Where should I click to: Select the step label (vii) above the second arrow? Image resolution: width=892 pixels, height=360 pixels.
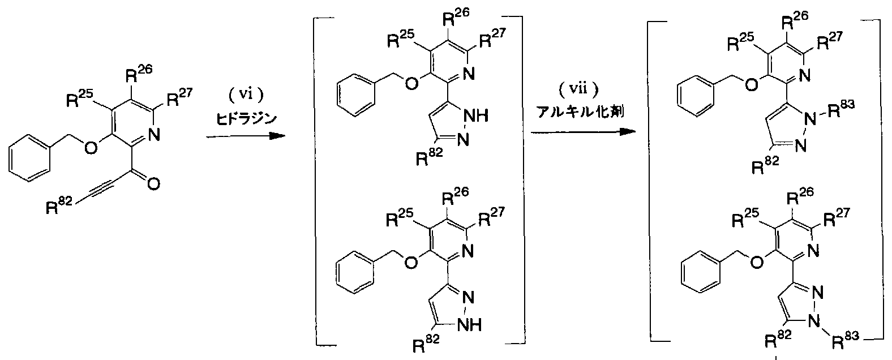click(x=578, y=89)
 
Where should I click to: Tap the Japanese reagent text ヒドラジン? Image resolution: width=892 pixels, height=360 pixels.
click(x=247, y=118)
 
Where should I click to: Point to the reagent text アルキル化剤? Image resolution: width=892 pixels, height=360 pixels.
click(x=580, y=112)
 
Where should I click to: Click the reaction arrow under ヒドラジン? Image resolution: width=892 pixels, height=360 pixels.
click(x=246, y=136)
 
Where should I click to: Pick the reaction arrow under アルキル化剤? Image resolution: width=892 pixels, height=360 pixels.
click(x=583, y=131)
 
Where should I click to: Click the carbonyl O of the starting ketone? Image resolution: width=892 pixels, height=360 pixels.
click(x=154, y=184)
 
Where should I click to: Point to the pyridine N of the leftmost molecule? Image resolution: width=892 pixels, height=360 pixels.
click(x=154, y=135)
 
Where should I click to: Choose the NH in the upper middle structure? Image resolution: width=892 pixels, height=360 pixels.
click(x=477, y=116)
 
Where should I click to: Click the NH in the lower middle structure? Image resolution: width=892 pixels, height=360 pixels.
click(x=470, y=325)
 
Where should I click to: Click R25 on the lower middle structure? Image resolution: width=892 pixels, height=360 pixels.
click(x=400, y=217)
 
